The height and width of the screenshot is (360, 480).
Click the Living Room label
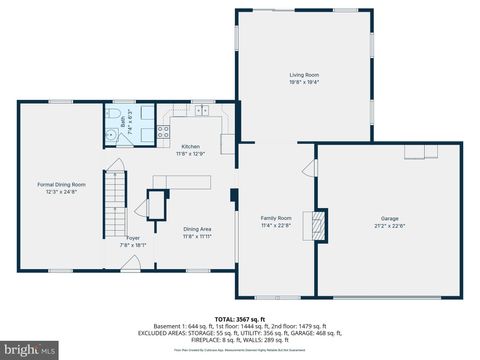(304, 74)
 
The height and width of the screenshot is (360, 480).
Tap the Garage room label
(389, 218)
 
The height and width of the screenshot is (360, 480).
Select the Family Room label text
(276, 218)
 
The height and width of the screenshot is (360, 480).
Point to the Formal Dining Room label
(62, 184)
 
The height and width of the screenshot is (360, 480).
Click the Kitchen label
(190, 147)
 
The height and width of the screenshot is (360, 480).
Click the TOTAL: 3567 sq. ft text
(240, 315)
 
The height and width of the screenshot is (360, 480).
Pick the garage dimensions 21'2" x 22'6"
(389, 225)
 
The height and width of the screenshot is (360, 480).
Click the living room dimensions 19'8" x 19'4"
(304, 81)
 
